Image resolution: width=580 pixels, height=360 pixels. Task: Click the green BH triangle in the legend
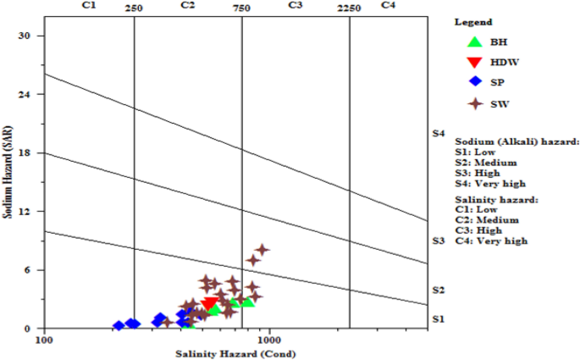point(475,41)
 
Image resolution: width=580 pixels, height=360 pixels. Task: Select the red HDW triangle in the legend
point(475,62)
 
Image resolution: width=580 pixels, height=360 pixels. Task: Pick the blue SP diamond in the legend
point(475,82)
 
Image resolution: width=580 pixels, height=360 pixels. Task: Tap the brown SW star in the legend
point(475,103)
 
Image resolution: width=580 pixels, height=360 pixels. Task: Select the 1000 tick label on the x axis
point(269,340)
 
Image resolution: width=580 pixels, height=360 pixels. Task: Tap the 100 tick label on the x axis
point(43,340)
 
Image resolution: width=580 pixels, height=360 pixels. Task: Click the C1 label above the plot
point(88,5)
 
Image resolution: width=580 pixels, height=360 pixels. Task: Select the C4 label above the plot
point(388,5)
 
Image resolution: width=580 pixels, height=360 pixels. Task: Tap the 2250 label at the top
point(349,8)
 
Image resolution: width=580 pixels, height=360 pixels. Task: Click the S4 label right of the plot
point(438,134)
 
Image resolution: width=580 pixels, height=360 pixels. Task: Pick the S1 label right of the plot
point(438,318)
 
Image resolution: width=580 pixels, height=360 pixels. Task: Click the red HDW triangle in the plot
point(210,303)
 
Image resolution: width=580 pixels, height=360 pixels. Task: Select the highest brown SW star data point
point(262,249)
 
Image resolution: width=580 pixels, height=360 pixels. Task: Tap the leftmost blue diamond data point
point(119,325)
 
